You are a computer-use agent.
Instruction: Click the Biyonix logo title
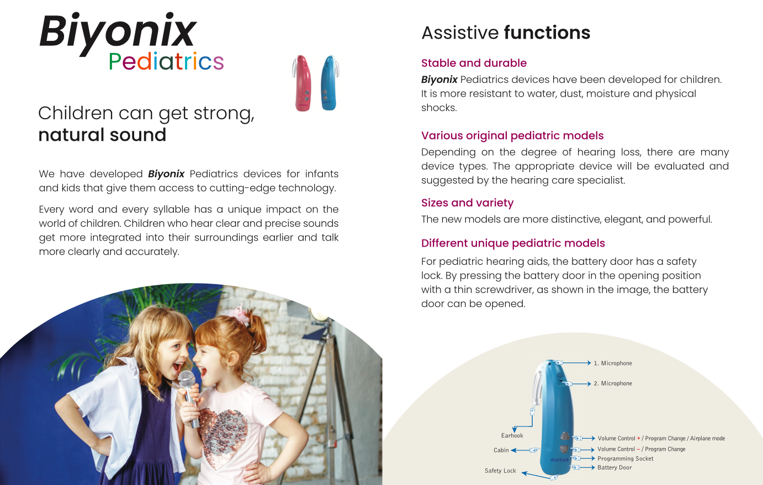point(118,33)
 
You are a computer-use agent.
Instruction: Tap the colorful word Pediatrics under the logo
point(166,61)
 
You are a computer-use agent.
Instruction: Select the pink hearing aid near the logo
point(301,83)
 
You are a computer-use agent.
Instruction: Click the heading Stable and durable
point(474,63)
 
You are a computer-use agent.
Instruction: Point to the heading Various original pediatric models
point(512,136)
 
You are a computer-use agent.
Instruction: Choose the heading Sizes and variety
point(467,202)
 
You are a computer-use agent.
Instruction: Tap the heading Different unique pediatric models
point(513,243)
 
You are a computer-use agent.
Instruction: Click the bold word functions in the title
point(547,33)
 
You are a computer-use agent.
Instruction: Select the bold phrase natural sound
point(103,135)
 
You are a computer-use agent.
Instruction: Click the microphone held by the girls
point(189,398)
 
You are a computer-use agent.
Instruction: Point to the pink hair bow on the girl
point(241,315)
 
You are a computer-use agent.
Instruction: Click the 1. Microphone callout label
point(613,363)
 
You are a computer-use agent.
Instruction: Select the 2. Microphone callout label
point(613,383)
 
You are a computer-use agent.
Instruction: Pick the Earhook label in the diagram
point(512,435)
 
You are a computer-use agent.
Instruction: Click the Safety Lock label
point(500,471)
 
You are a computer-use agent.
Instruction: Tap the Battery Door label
point(614,467)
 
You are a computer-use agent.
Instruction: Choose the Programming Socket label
point(626,459)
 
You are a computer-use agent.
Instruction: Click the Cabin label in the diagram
point(501,450)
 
